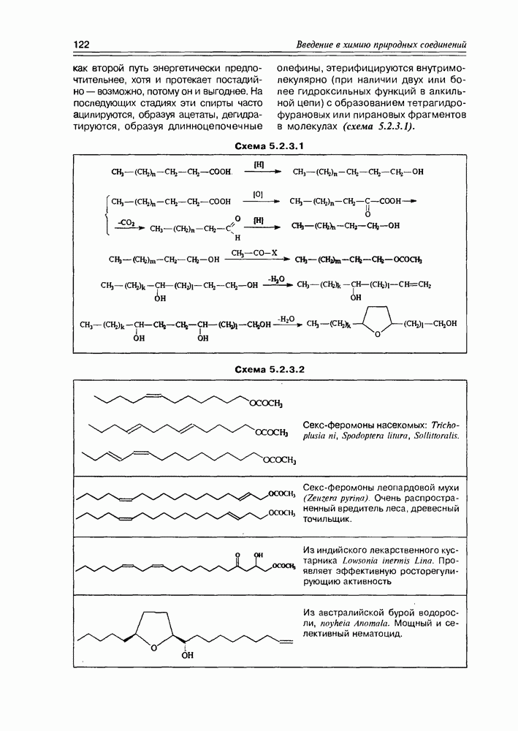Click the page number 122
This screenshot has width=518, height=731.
click(x=80, y=45)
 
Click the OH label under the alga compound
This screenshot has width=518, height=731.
click(x=188, y=655)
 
